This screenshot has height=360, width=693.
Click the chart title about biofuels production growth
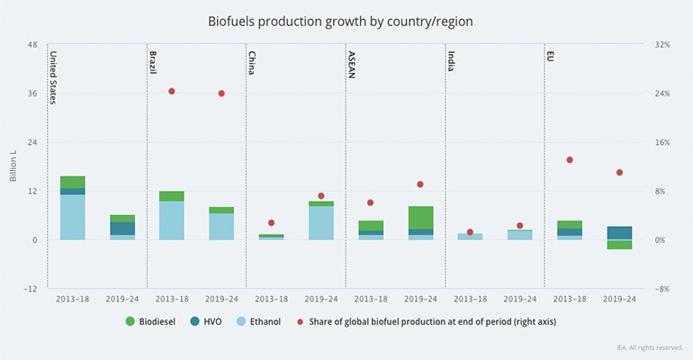pyautogui.click(x=346, y=19)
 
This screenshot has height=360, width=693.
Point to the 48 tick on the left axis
pyautogui.click(x=32, y=44)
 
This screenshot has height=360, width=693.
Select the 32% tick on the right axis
pyautogui.click(x=662, y=44)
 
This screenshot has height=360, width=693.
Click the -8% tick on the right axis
pyautogui.click(x=662, y=289)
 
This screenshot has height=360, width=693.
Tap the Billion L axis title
pyautogui.click(x=13, y=166)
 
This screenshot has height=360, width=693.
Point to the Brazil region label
pyautogui.click(x=152, y=63)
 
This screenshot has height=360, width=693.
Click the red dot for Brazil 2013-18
pyautogui.click(x=172, y=91)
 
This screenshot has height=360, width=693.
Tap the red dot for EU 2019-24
pyautogui.click(x=619, y=172)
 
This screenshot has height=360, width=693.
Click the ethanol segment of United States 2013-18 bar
pyautogui.click(x=73, y=217)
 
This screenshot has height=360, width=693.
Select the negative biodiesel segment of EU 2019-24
pyautogui.click(x=619, y=244)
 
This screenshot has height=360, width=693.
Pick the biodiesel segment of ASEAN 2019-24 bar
pyautogui.click(x=420, y=217)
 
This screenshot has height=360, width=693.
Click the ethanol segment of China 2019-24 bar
pyautogui.click(x=321, y=222)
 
